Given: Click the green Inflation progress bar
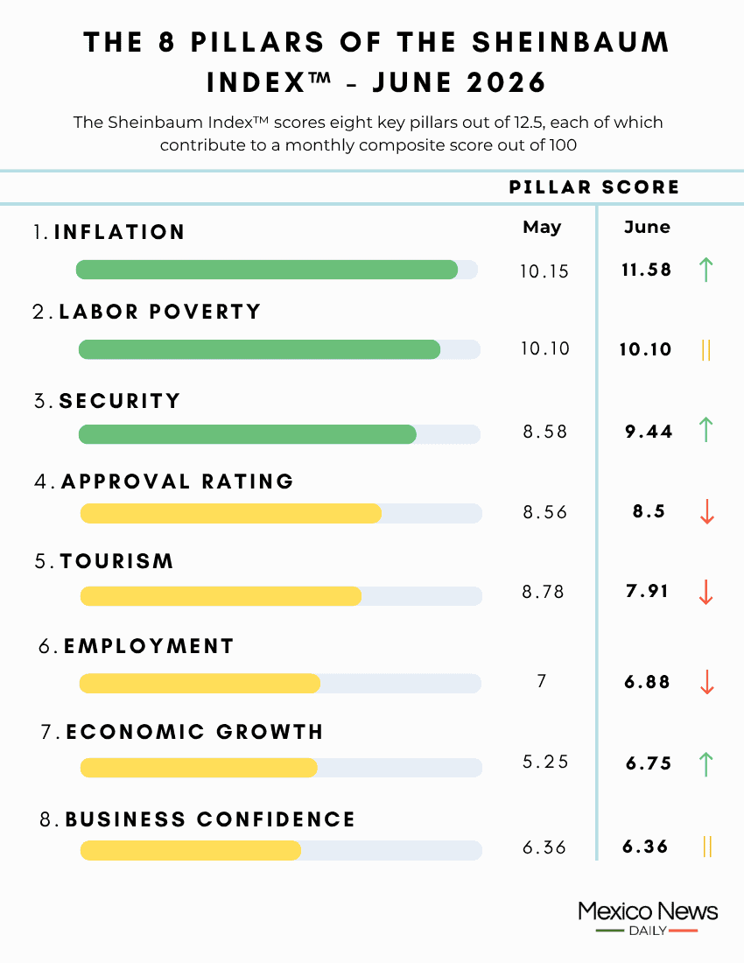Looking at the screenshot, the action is pyautogui.click(x=266, y=270).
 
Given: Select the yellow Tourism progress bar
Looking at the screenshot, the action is pyautogui.click(x=221, y=595).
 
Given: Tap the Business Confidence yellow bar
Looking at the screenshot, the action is pyautogui.click(x=191, y=850).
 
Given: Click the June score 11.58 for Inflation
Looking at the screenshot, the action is pyautogui.click(x=646, y=270).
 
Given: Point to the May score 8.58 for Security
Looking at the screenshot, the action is pyautogui.click(x=545, y=432).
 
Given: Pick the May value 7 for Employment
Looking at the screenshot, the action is pyautogui.click(x=542, y=681).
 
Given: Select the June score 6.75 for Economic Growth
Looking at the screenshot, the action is pyautogui.click(x=649, y=763).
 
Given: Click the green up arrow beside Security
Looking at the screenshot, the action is pyautogui.click(x=706, y=429).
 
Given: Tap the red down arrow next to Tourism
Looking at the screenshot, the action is pyautogui.click(x=706, y=592).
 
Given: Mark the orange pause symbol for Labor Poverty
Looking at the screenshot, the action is pyautogui.click(x=706, y=350).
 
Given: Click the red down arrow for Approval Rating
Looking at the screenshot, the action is pyautogui.click(x=707, y=511).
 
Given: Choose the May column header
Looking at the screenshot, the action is pyautogui.click(x=542, y=228).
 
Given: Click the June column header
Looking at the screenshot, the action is pyautogui.click(x=647, y=228).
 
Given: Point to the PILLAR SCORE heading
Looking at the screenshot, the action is pyautogui.click(x=594, y=187).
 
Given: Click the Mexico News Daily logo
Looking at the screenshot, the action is pyautogui.click(x=648, y=918).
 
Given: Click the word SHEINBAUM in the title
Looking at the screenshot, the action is pyautogui.click(x=571, y=42).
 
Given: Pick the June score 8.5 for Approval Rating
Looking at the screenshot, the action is pyautogui.click(x=649, y=511).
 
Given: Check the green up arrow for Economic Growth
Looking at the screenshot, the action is pyautogui.click(x=706, y=764).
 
